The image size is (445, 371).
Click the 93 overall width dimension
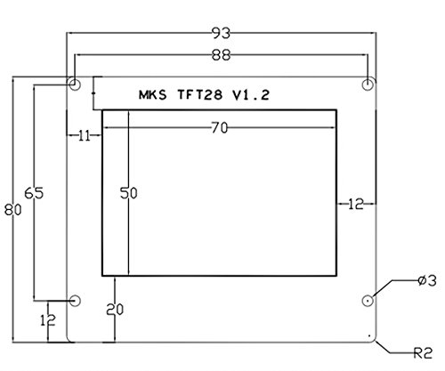click(221, 33)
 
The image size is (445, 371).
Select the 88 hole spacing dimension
click(221, 55)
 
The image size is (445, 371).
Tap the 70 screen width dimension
click(220, 128)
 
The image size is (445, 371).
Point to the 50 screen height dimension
click(129, 193)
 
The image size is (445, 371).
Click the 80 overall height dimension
click(13, 210)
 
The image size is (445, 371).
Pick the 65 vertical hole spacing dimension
click(34, 193)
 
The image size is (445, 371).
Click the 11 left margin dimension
click(84, 136)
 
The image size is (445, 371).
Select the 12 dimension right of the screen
click(355, 204)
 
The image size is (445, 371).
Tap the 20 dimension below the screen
click(115, 310)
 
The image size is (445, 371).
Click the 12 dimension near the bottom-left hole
click(48, 320)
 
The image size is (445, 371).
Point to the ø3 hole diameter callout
click(427, 280)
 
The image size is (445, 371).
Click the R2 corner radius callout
click(424, 353)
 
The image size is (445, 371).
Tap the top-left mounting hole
click(75, 85)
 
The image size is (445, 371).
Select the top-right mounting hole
click(368, 85)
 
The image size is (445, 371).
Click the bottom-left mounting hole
click(75, 301)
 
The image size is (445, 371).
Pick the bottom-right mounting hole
click(368, 301)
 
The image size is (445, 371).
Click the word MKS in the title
click(153, 95)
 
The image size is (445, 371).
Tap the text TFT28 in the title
click(200, 95)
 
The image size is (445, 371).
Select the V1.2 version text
click(251, 95)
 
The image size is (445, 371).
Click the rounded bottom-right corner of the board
click(375, 341)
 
